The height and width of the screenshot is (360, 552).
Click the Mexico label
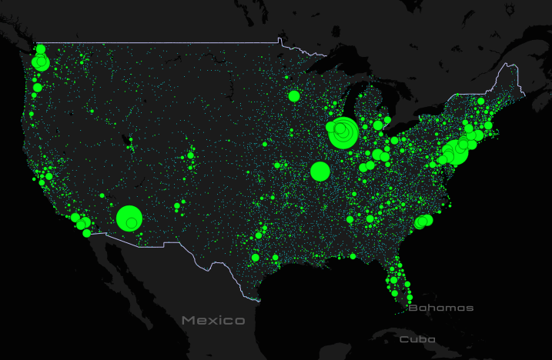click(213, 320)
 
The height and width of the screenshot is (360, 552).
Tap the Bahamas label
click(440, 308)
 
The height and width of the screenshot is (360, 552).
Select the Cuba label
click(417, 338)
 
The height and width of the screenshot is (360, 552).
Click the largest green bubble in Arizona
click(129, 218)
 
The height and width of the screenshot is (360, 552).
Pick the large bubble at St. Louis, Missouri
click(320, 171)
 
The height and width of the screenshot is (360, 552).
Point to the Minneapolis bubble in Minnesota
click(293, 96)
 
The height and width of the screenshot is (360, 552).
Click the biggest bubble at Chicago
click(343, 133)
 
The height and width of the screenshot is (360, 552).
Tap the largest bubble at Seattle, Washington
click(41, 62)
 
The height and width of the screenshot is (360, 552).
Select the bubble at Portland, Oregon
click(36, 87)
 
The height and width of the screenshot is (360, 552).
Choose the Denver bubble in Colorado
click(190, 156)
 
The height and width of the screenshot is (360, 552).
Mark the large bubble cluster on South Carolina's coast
click(421, 222)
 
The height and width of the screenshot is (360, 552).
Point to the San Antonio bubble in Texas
click(255, 258)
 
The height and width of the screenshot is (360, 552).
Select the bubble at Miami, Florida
click(409, 297)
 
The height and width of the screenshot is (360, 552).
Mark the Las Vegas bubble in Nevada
click(102, 195)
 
